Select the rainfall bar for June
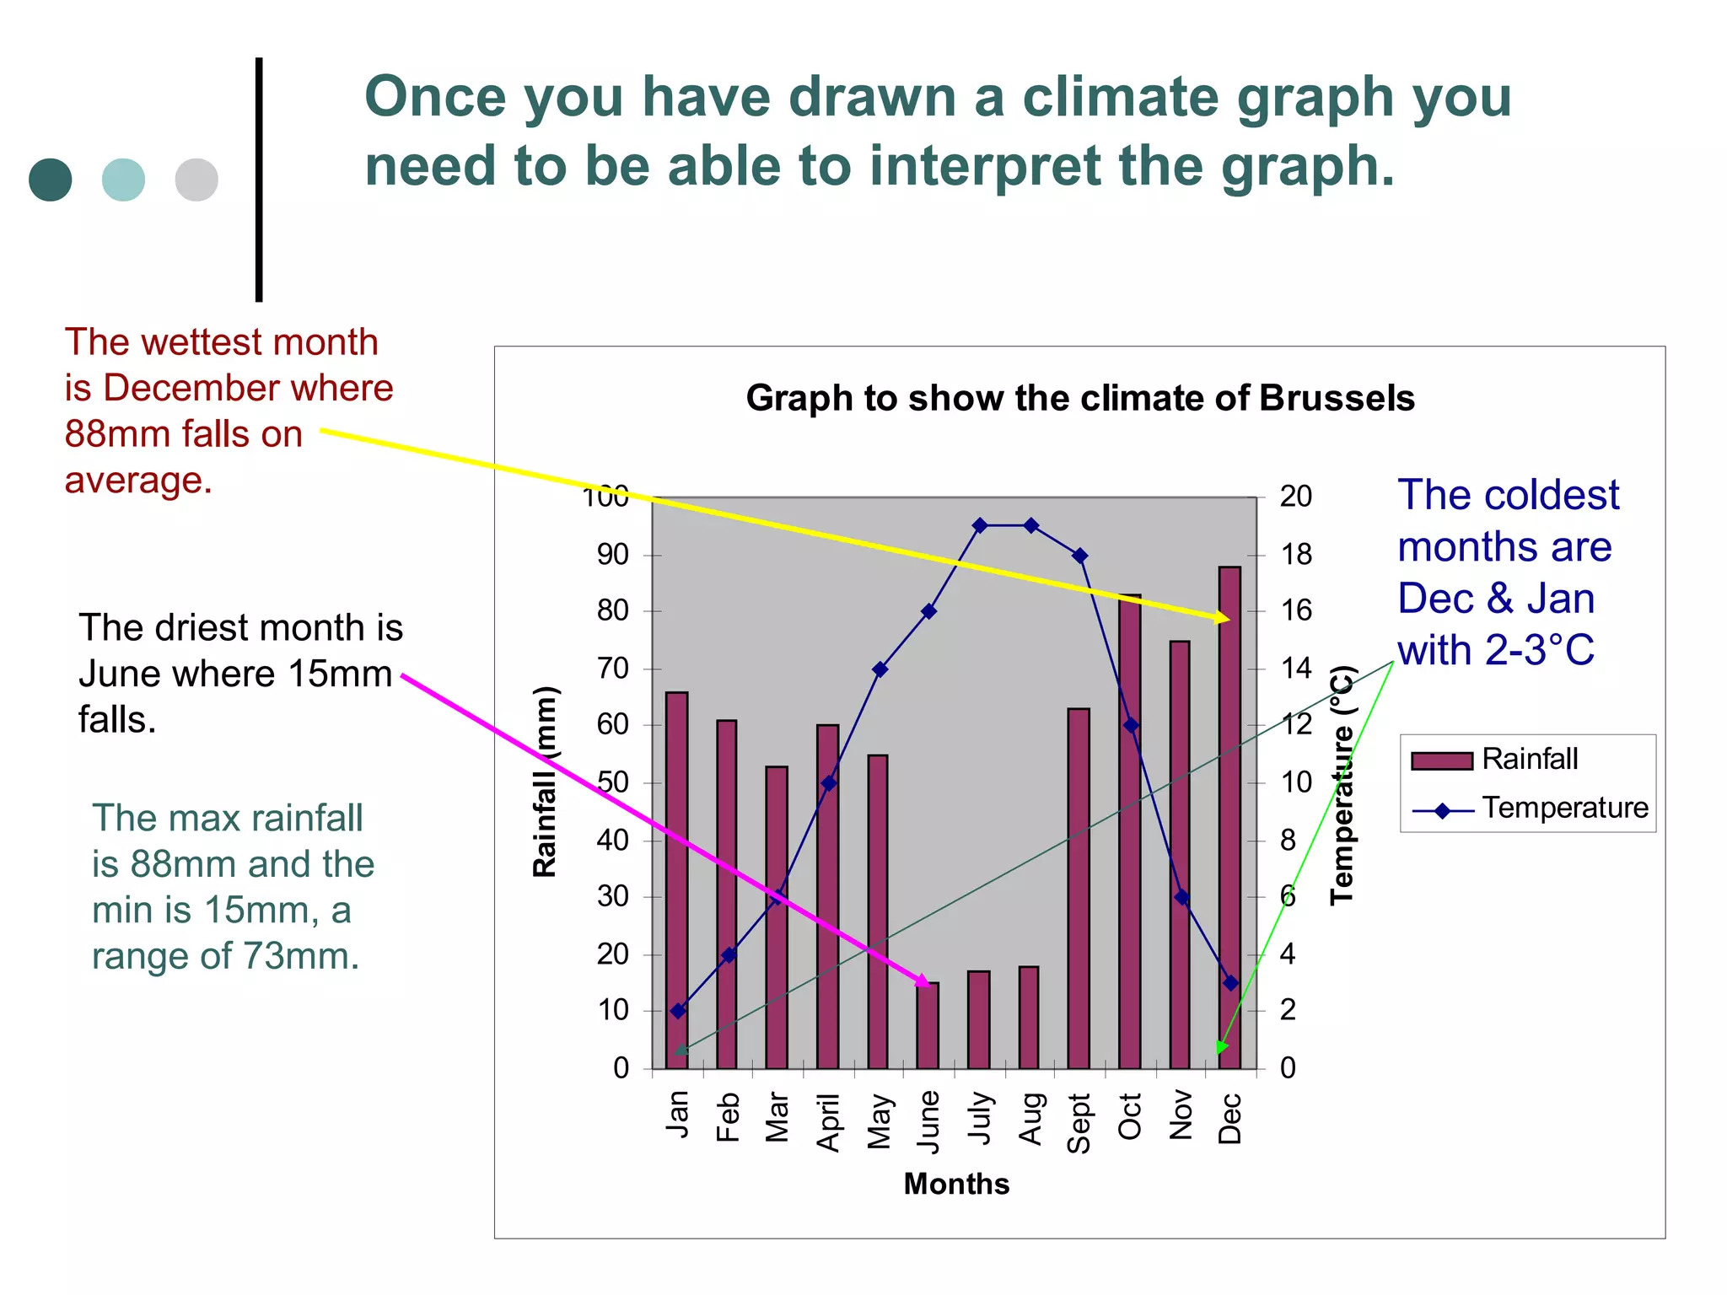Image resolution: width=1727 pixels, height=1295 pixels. (928, 1027)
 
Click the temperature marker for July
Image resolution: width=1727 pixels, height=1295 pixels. (980, 525)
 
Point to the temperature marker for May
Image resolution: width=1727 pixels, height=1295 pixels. (880, 669)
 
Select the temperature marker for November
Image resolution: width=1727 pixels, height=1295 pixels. (1181, 897)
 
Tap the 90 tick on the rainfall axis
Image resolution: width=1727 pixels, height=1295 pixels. (613, 555)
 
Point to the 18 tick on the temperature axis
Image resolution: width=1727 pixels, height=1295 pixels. (1296, 555)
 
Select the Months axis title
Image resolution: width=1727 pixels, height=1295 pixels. (956, 1184)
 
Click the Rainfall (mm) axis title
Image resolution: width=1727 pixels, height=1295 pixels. (546, 782)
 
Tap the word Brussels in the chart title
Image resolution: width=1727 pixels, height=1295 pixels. (1337, 398)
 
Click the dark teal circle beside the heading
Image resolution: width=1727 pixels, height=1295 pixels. (51, 180)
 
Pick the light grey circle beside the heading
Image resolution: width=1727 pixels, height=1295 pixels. (196, 180)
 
